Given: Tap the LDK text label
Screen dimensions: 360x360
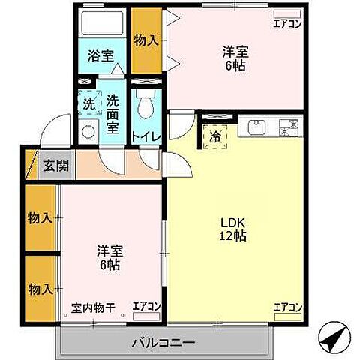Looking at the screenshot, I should click(232, 222).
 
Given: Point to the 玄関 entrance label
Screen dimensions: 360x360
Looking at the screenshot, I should click(55, 166).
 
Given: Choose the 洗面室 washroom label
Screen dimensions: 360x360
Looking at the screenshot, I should click(112, 112).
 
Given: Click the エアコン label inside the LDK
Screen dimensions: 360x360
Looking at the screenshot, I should click(287, 307).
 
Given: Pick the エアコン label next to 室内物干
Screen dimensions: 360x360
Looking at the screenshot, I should click(146, 306).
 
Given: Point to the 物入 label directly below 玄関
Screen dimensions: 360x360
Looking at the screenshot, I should click(40, 217).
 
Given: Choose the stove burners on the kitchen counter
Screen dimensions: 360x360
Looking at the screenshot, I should click(289, 127).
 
